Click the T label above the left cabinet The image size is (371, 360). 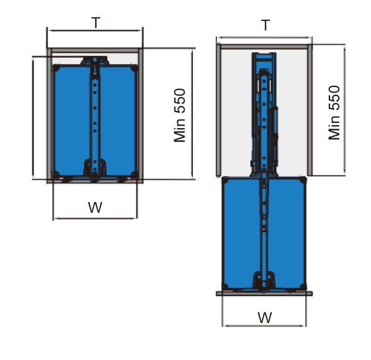coord(95,23)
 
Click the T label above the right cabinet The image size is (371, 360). coord(266,26)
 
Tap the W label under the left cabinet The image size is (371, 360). coord(95,208)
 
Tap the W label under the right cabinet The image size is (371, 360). coord(265,316)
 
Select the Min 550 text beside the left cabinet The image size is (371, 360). coord(180,116)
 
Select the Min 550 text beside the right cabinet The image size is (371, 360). coord(335,113)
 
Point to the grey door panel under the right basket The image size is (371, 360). coord(264,293)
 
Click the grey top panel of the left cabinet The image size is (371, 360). coord(95,51)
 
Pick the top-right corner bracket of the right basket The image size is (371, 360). coord(304,179)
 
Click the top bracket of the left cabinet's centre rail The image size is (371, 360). coord(95,61)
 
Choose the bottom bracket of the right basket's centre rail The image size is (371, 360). coord(264,281)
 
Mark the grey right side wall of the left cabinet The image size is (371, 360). coord(141,113)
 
